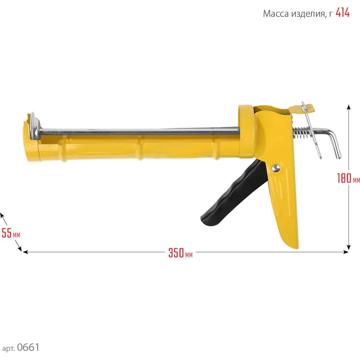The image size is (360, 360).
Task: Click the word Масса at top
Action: (x=276, y=14)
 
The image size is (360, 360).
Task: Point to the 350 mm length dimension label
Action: (x=180, y=253)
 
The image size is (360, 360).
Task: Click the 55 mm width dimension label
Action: (x=11, y=233)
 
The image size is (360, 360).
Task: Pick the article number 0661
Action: (x=28, y=347)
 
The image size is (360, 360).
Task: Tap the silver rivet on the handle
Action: (x=275, y=168)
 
